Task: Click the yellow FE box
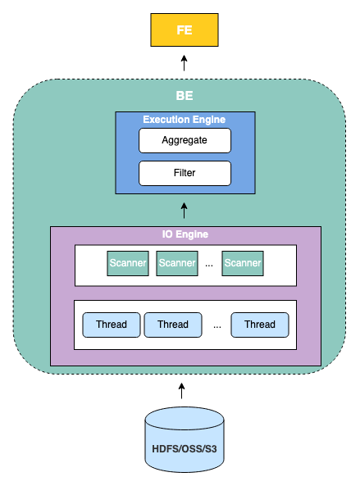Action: pyautogui.click(x=185, y=30)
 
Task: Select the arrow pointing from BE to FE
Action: pyautogui.click(x=185, y=63)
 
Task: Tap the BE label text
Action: pyautogui.click(x=185, y=95)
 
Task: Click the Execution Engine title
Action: pyautogui.click(x=185, y=120)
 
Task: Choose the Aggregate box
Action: pyautogui.click(x=185, y=140)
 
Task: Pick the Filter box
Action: pyautogui.click(x=185, y=173)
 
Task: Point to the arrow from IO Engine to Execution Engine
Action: pyautogui.click(x=185, y=211)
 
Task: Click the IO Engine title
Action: pyautogui.click(x=185, y=234)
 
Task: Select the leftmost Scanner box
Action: pyautogui.click(x=128, y=263)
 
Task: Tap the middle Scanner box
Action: pyautogui.click(x=177, y=263)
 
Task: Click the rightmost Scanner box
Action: pyautogui.click(x=243, y=263)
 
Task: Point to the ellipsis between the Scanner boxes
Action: pyautogui.click(x=209, y=266)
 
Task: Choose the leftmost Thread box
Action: pyautogui.click(x=112, y=325)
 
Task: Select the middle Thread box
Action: pyautogui.click(x=173, y=325)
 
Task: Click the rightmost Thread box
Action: pyautogui.click(x=260, y=325)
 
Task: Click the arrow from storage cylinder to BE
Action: pyautogui.click(x=182, y=391)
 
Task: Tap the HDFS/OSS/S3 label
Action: pyautogui.click(x=185, y=448)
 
